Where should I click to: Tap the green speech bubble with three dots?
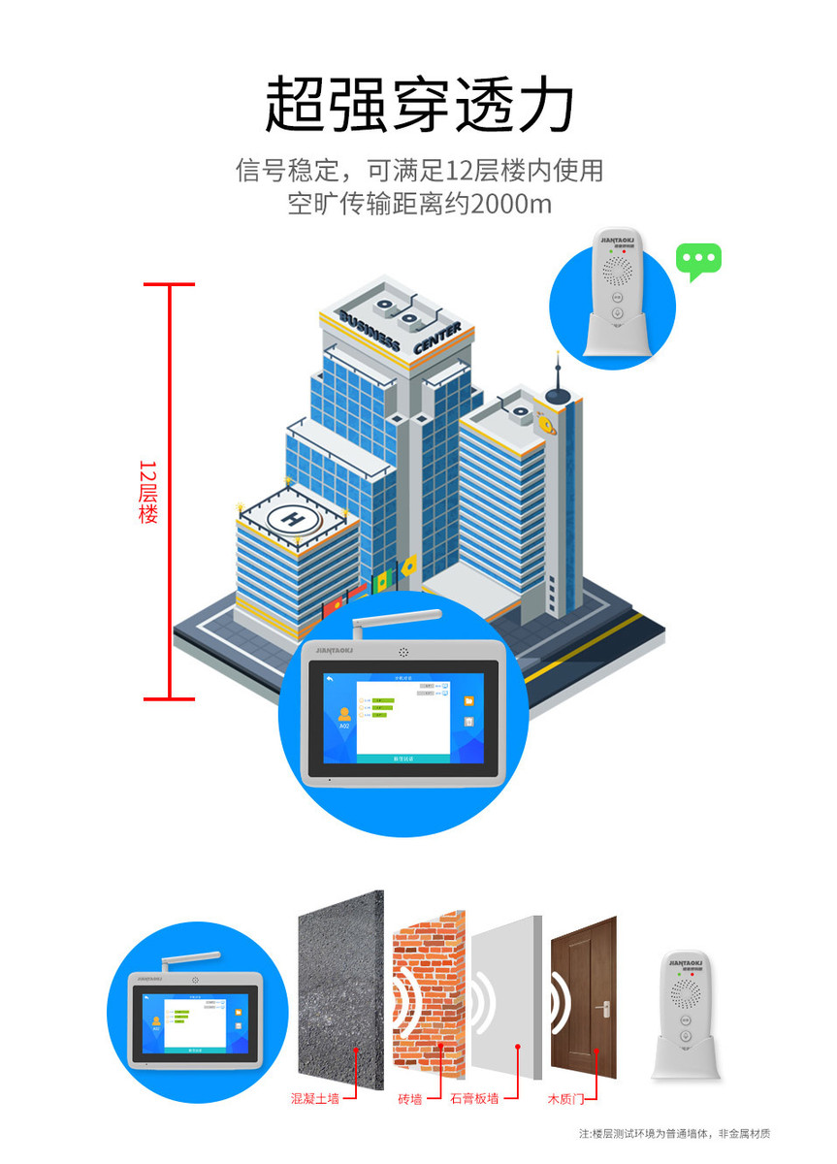(698, 261)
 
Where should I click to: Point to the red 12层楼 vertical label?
(147, 491)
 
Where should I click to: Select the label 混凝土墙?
(315, 1099)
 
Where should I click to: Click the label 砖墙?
(409, 1099)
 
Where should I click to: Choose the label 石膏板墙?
(474, 1099)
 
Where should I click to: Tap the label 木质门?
(565, 1099)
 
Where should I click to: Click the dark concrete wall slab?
(339, 989)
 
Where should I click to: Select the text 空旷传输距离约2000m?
(419, 205)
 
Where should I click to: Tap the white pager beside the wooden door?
(687, 1014)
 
